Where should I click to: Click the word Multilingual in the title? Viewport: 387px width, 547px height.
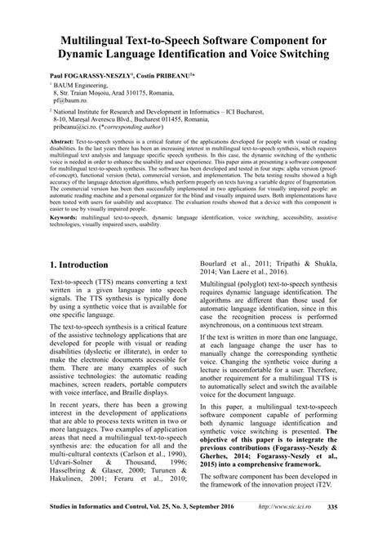coord(100,38)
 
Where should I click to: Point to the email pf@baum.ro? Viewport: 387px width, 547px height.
coord(69,100)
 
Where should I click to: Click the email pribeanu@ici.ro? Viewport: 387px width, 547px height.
coord(78,129)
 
